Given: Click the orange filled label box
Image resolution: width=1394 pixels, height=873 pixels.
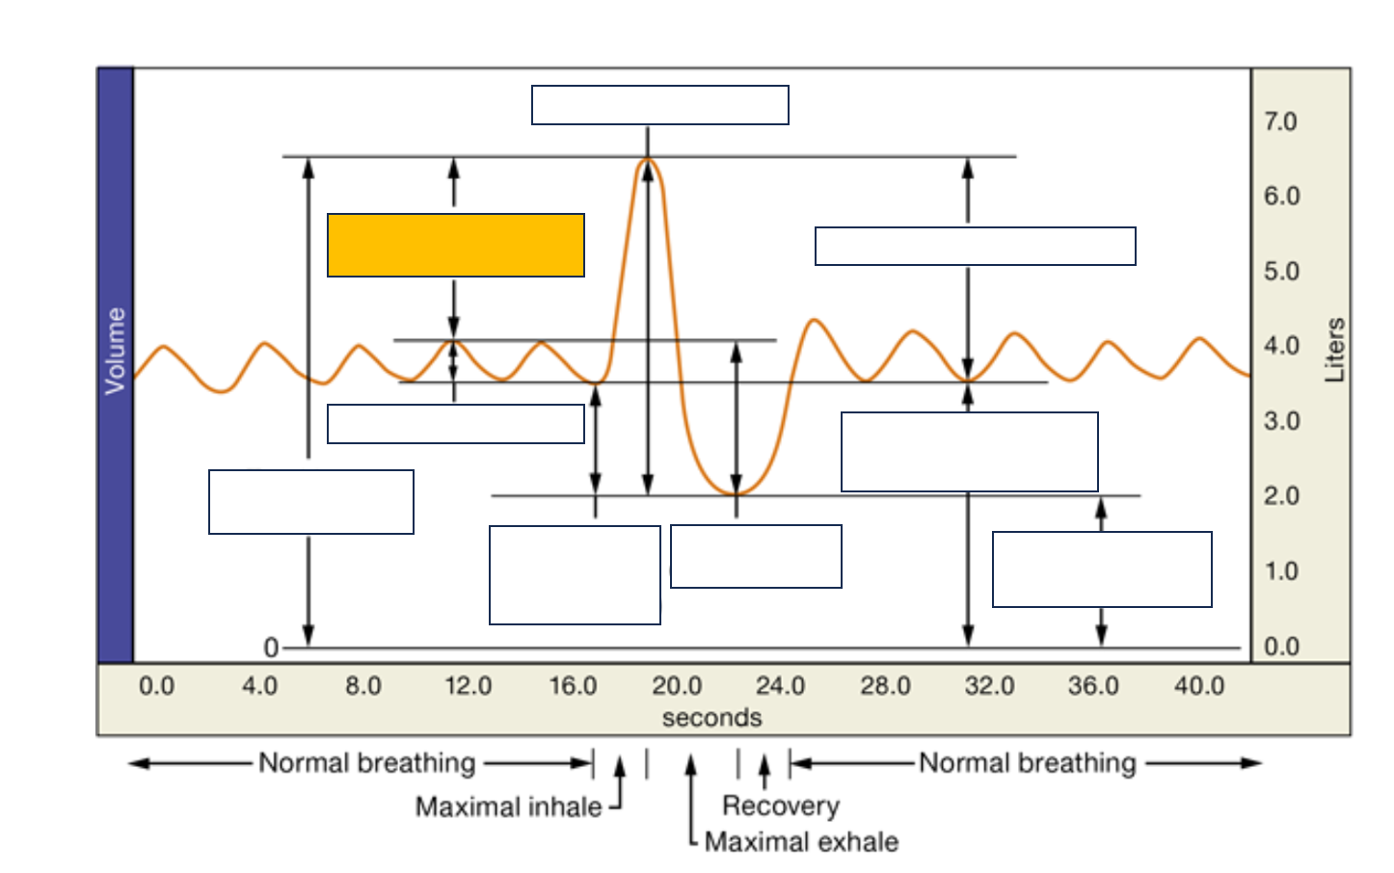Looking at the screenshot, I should point(456,245).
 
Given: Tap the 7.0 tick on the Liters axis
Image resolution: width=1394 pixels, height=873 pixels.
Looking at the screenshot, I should point(1280,122).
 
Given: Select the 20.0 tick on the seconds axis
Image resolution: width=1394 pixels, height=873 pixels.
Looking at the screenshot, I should point(677,686).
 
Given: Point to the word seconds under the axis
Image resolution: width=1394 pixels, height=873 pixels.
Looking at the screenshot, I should point(711,718).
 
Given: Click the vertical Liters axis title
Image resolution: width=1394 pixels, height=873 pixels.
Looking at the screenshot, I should point(1335,350).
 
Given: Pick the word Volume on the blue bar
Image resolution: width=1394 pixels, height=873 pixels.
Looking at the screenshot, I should point(116,351).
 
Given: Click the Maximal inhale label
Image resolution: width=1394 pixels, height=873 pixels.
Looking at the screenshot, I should point(508,807).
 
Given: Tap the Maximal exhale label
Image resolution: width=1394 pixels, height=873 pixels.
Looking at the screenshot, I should point(801,841).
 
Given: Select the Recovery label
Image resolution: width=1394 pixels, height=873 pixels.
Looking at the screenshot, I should point(781,806).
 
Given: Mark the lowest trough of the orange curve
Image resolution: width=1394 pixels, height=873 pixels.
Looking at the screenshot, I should point(737,494).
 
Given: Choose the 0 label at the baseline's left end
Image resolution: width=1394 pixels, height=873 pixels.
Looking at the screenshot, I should point(271,648).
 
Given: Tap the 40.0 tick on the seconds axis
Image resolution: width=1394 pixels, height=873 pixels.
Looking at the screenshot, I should point(1199,686).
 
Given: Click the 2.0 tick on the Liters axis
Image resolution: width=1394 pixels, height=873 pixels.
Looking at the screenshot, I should point(1281,496).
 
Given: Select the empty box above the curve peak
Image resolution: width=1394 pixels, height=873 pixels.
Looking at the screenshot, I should point(660,105).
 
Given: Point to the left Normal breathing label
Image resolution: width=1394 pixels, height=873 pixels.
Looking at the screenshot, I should point(367,763).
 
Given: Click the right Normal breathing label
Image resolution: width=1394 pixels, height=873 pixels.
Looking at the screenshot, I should point(1028,763).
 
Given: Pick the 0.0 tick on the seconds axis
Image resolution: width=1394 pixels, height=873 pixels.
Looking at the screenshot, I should point(156,686).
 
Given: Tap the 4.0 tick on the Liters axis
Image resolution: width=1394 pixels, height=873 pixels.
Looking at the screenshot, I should point(1281,346).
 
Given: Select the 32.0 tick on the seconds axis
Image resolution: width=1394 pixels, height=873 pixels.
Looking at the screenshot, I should point(990,686).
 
